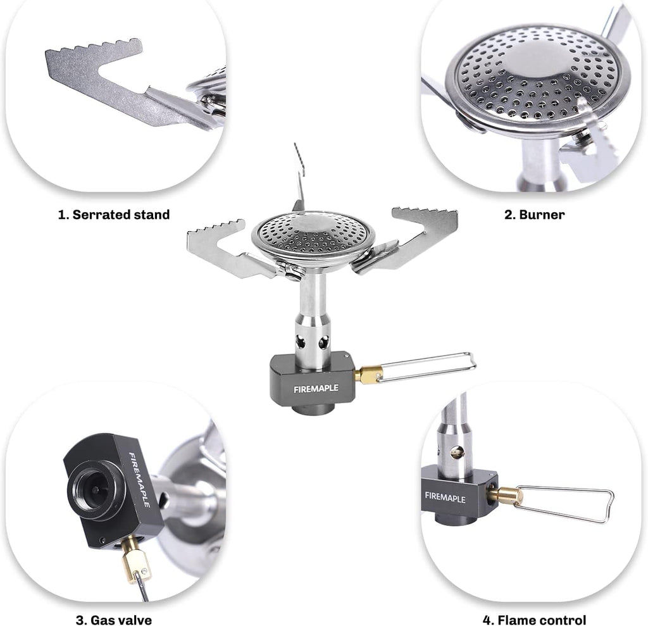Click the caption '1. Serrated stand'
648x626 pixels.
[x=114, y=215]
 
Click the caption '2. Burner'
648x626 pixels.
[x=534, y=215]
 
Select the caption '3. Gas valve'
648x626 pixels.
[x=114, y=620]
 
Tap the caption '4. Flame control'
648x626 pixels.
[x=534, y=620]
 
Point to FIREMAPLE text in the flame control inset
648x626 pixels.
[x=445, y=496]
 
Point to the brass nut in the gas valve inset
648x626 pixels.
[x=135, y=561]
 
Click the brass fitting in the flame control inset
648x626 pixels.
[x=506, y=496]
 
